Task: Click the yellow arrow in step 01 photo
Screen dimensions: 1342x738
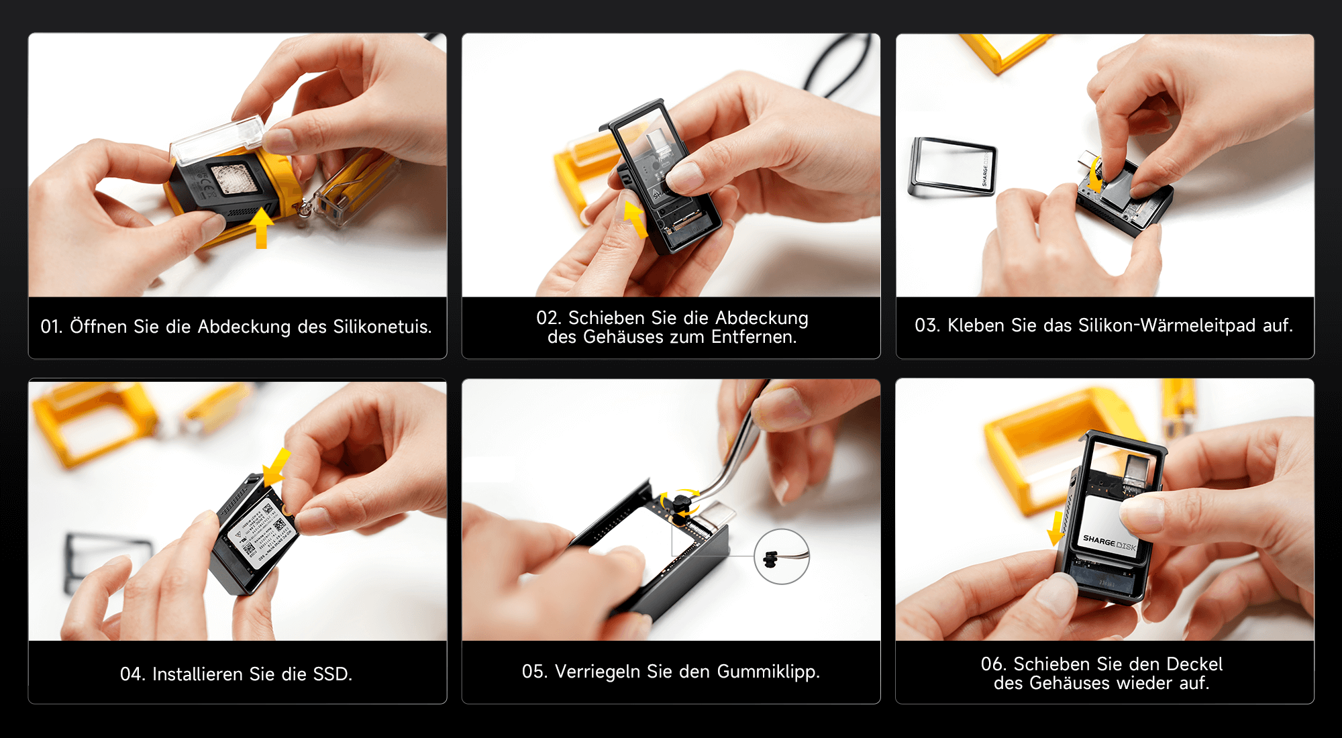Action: pyautogui.click(x=261, y=228)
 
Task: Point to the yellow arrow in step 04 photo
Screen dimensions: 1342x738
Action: pyautogui.click(x=276, y=467)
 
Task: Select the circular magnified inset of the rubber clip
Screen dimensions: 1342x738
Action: pyautogui.click(x=782, y=556)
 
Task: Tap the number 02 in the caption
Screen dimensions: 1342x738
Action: pyautogui.click(x=547, y=318)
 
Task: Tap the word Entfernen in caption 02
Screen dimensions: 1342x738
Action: pyautogui.click(x=754, y=337)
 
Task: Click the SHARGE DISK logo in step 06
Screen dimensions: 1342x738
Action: pyautogui.click(x=1110, y=543)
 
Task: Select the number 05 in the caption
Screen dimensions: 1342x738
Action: pyautogui.click(x=533, y=672)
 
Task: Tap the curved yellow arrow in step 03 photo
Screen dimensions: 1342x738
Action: pyautogui.click(x=1095, y=174)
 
